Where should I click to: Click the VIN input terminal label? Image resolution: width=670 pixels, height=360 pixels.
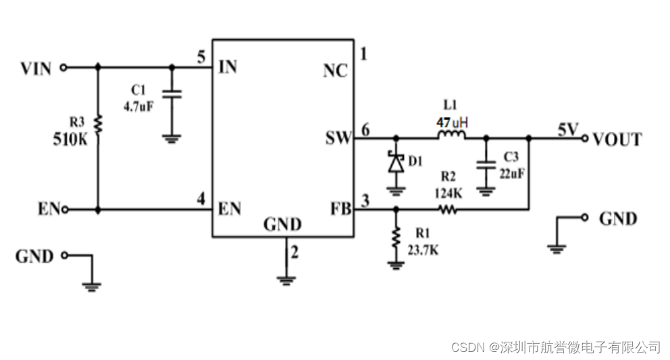pos(36,68)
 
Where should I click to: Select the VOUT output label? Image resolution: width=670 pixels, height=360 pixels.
pos(617,140)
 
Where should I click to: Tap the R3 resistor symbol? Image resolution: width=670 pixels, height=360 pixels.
pos(98,124)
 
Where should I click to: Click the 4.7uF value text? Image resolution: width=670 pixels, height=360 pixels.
pos(138,106)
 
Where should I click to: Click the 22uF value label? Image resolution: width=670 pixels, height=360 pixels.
pos(511,172)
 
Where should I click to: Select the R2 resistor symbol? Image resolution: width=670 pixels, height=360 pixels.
pos(448,210)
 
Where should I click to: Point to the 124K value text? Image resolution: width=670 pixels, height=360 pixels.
pos(448,192)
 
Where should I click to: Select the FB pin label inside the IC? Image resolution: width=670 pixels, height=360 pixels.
pos(340,209)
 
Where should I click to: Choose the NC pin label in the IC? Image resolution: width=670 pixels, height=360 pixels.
pos(336,70)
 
